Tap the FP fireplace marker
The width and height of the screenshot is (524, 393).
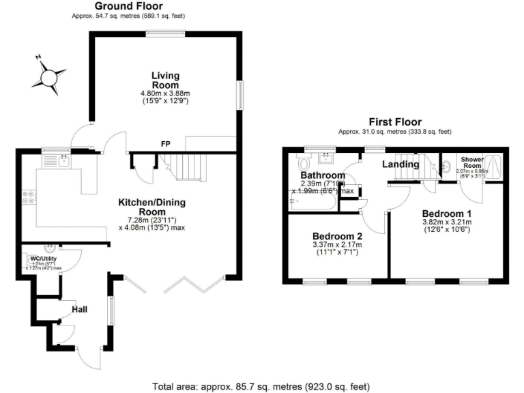coord(165,144)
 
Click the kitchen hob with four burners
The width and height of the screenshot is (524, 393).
coord(29,197)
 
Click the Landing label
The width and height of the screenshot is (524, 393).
coord(400,164)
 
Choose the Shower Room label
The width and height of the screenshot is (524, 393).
coord(472,161)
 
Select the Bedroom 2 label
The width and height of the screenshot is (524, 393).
coord(336,235)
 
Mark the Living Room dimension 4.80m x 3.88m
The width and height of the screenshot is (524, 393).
coord(164,93)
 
